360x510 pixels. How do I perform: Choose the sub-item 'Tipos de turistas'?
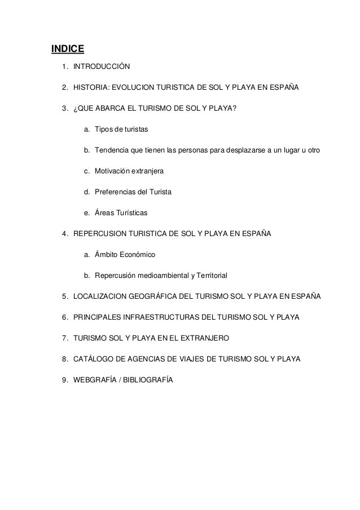point(121,130)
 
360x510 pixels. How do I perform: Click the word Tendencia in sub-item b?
point(113,151)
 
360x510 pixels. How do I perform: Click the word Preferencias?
point(116,193)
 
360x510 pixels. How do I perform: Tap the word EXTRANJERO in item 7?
point(206,338)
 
